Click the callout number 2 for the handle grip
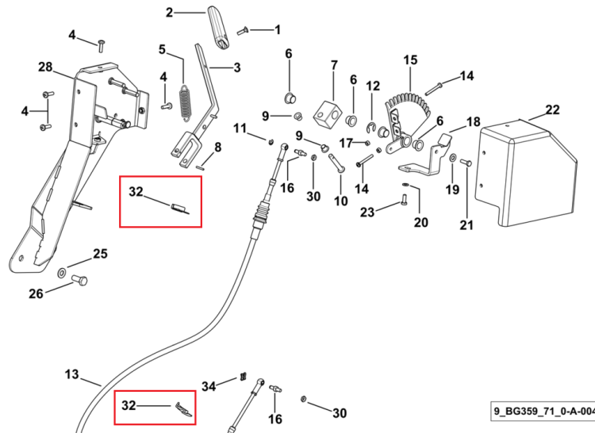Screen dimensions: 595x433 click(170, 13)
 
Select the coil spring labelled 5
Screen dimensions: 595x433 click(185, 103)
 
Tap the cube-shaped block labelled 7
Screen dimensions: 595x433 click(328, 113)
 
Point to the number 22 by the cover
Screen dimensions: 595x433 click(552, 110)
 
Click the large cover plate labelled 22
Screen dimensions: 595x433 click(525, 174)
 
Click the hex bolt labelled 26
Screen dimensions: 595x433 click(79, 281)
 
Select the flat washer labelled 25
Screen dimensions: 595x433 click(61, 272)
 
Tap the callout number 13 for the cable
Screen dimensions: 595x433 click(71, 374)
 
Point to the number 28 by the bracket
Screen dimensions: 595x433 click(45, 67)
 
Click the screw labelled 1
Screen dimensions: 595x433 click(243, 32)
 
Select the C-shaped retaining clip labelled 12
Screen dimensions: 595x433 click(370, 128)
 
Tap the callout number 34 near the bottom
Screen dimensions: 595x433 click(209, 387)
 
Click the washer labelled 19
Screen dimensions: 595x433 click(453, 158)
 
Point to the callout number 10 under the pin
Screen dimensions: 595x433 click(341, 201)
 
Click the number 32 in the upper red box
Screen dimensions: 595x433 click(136, 192)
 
